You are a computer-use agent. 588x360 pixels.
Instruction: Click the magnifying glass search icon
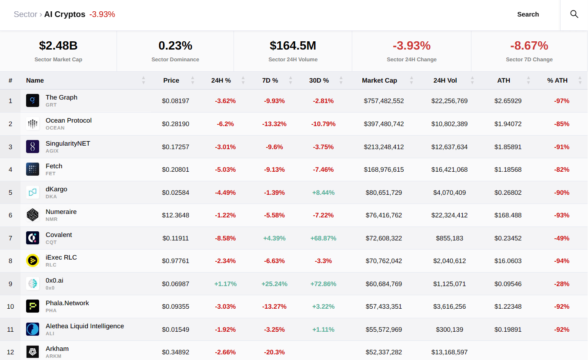tap(574, 14)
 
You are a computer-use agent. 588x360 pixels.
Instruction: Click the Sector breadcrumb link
tap(25, 14)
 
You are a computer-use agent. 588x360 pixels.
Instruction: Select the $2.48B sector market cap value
tap(58, 46)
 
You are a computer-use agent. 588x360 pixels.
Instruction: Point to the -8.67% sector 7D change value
tap(529, 46)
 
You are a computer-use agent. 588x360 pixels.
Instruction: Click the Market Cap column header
tap(379, 80)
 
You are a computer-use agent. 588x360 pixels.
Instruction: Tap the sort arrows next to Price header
tap(193, 80)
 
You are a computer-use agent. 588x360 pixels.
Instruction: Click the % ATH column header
tap(557, 80)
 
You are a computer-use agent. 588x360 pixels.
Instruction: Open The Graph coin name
tap(61, 97)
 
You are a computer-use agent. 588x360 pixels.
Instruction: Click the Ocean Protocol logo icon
tap(33, 124)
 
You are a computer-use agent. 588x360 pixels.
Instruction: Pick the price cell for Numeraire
tap(175, 215)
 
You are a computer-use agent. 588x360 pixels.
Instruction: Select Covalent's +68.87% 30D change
tap(323, 238)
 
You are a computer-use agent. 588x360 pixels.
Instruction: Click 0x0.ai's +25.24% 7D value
tap(274, 284)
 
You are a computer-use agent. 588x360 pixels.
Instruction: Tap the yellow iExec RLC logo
tap(33, 261)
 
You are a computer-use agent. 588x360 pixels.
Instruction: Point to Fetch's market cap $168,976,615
tap(384, 170)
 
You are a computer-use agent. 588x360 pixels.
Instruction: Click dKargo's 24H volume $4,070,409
tap(449, 193)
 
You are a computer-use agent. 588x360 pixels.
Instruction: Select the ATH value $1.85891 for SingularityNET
tap(508, 147)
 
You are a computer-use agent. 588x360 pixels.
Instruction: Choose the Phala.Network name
tap(67, 303)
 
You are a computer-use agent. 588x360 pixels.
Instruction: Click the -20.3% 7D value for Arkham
tap(274, 352)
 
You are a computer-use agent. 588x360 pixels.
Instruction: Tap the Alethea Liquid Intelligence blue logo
tap(33, 329)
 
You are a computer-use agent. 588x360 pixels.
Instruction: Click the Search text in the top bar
tap(528, 14)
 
